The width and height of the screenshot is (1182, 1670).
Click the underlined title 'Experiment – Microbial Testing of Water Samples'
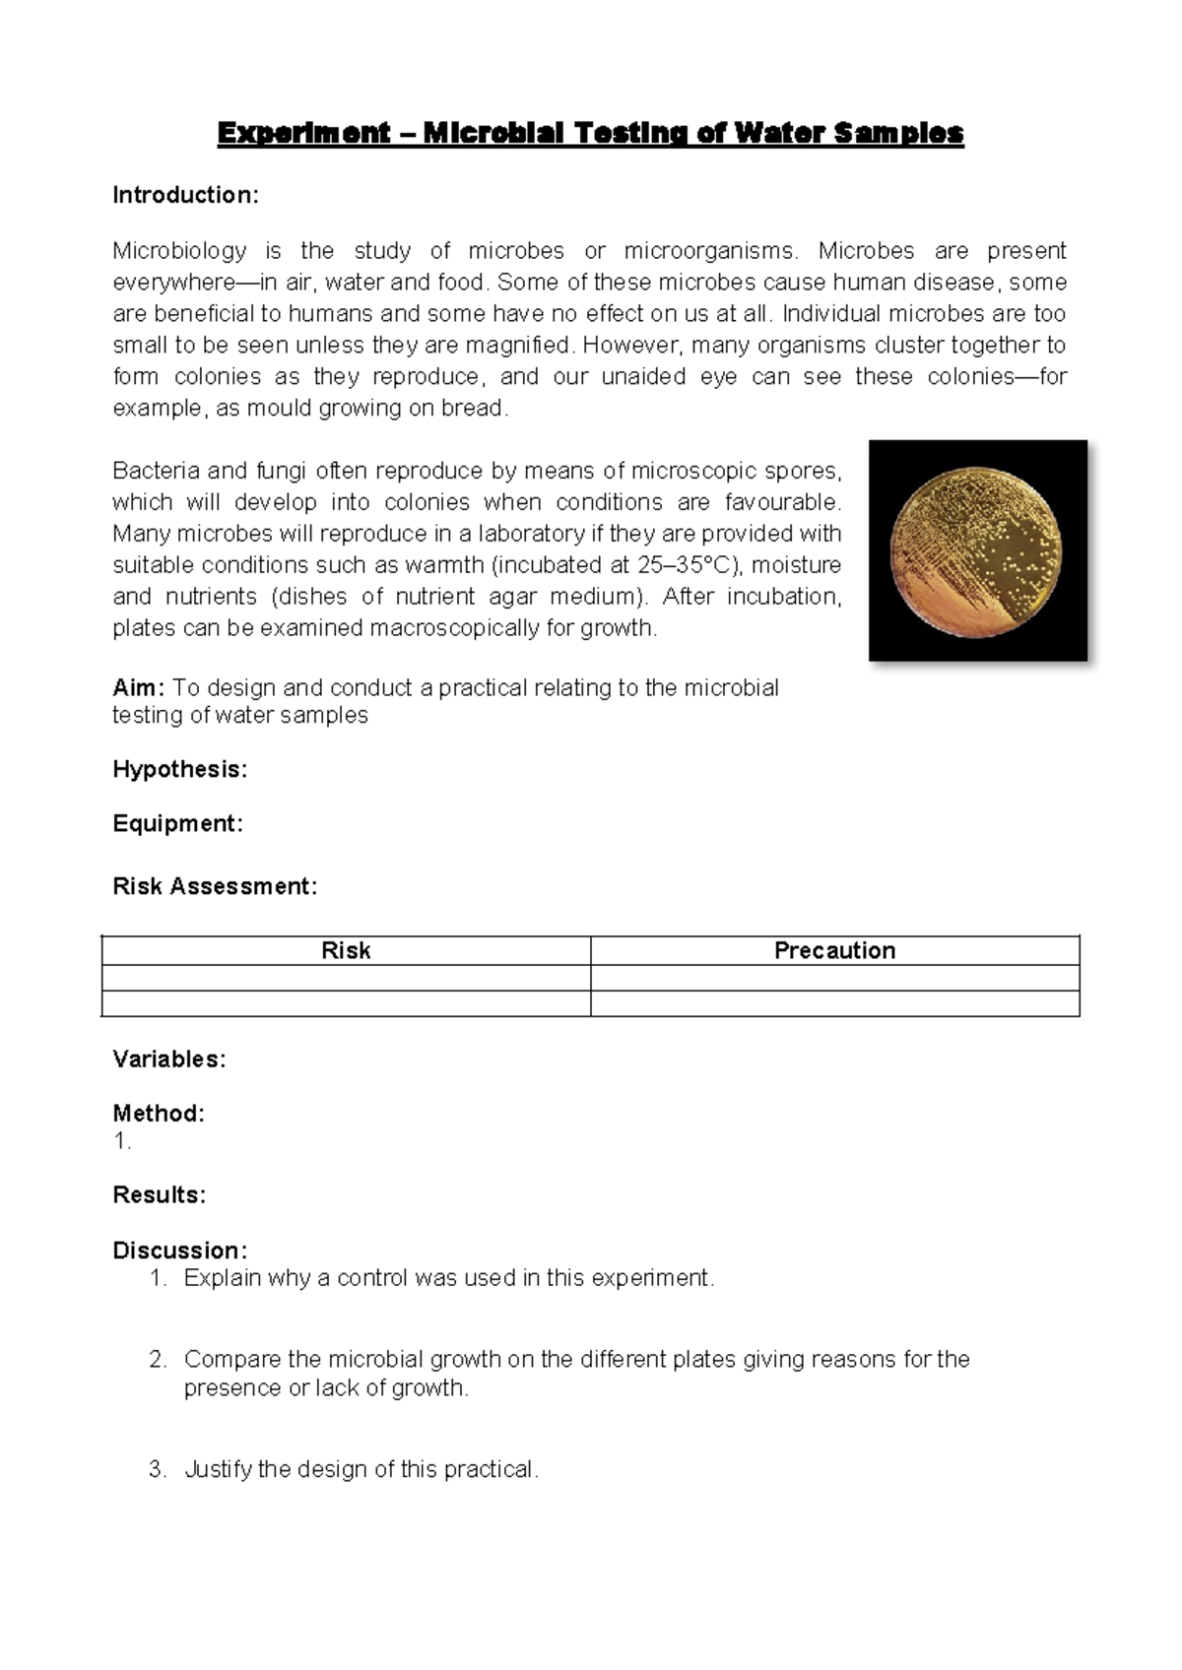coord(590,133)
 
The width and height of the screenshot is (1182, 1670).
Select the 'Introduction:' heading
coord(185,195)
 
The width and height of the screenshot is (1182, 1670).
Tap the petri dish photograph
coord(977,549)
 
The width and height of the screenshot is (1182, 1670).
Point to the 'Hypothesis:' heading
coord(179,769)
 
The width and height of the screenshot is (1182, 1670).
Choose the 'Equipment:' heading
coord(177,823)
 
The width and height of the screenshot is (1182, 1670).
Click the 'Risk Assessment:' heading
coord(215,886)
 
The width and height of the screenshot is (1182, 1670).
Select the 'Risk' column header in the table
coord(346,950)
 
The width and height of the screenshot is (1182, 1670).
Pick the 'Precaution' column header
coord(834,950)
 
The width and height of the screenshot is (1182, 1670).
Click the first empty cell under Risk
coord(346,978)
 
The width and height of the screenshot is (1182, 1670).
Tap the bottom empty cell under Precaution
coord(834,1003)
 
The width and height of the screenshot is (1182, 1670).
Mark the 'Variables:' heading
coord(168,1060)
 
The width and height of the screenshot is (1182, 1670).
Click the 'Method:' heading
coord(159,1114)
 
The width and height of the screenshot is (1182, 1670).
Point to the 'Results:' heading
coord(159,1195)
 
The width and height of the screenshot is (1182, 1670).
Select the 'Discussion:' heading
coord(179,1251)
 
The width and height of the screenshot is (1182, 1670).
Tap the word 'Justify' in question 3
coord(217,1469)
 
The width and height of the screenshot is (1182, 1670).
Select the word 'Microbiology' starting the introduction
coord(179,251)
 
